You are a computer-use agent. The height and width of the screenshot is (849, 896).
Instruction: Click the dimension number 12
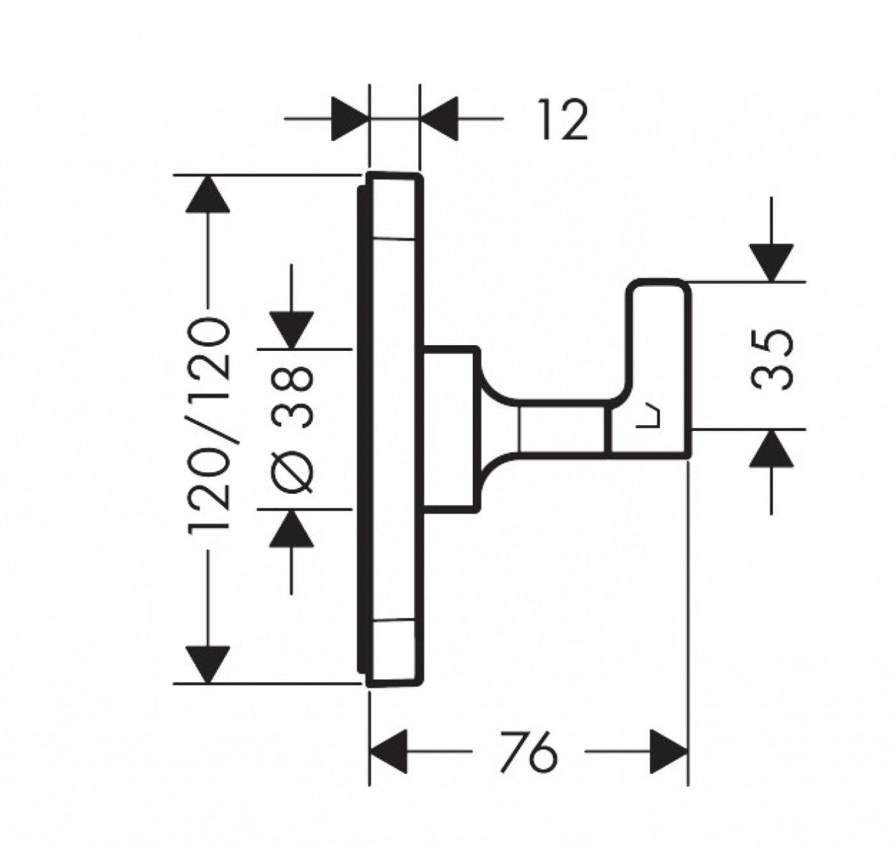click(563, 120)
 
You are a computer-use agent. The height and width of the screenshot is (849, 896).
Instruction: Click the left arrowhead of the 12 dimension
click(349, 118)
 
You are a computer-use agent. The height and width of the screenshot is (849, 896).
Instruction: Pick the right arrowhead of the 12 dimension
click(439, 118)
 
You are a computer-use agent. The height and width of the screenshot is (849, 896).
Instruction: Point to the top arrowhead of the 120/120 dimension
click(207, 194)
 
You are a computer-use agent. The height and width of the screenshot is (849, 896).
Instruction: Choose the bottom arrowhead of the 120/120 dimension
click(207, 665)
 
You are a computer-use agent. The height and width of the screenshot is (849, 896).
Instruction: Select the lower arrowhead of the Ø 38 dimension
click(292, 528)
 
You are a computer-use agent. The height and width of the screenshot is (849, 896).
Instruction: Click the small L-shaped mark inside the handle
click(649, 417)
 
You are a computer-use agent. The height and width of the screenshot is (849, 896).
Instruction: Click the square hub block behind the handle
click(451, 428)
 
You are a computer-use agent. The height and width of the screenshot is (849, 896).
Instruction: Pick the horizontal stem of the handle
click(563, 428)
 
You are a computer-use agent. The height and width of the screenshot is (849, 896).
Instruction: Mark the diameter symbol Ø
click(292, 474)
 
